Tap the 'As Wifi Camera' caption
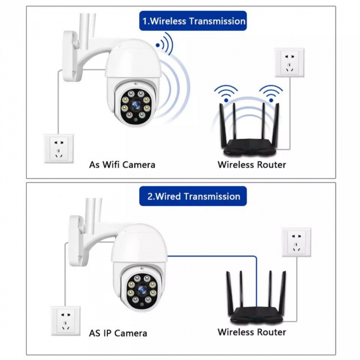122,165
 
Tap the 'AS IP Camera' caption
118,333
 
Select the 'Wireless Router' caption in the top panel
251,165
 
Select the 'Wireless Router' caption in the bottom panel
251,332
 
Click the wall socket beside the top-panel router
290,63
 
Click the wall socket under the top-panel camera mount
59,148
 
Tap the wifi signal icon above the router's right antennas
271,93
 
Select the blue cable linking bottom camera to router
211,256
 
